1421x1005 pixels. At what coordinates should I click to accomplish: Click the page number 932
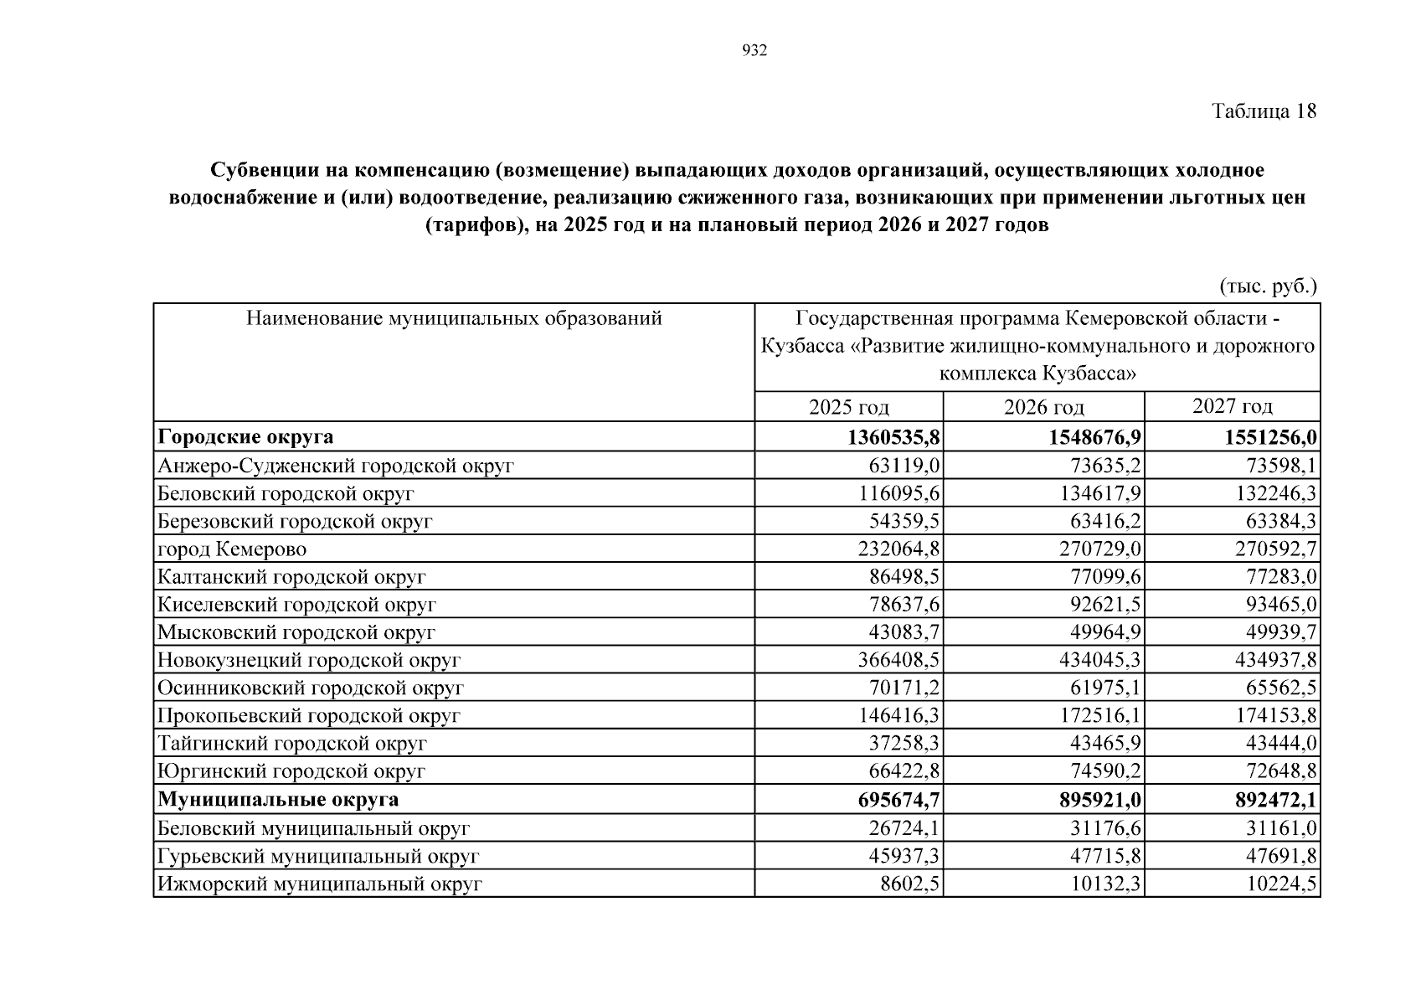pos(754,52)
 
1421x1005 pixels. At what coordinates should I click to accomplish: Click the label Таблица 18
pos(1264,111)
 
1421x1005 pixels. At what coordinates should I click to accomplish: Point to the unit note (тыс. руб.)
pos(1268,286)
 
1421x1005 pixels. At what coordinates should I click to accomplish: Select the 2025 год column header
pos(848,407)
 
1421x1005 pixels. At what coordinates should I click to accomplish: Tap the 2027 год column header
pos(1232,406)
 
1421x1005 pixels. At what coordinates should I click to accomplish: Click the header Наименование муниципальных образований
pos(454,318)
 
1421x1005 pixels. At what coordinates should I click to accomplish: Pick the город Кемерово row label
pos(232,549)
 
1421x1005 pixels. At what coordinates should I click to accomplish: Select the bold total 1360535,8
pos(893,437)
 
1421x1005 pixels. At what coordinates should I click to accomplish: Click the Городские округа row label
pos(245,437)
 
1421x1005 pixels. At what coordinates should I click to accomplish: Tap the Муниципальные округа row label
pos(278,800)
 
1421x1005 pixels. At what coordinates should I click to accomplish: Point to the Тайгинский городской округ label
pos(292,744)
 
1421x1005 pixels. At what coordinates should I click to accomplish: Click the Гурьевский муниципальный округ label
pos(318,857)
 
